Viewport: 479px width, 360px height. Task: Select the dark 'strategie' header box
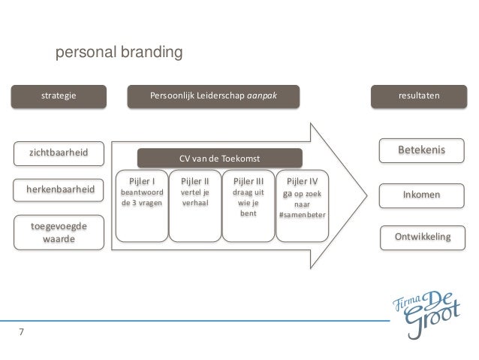point(58,96)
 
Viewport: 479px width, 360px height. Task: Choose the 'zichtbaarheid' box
point(58,153)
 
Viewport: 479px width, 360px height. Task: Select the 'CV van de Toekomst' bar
point(218,159)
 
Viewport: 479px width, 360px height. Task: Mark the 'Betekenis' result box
point(420,150)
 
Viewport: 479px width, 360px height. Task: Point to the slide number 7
point(21,331)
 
